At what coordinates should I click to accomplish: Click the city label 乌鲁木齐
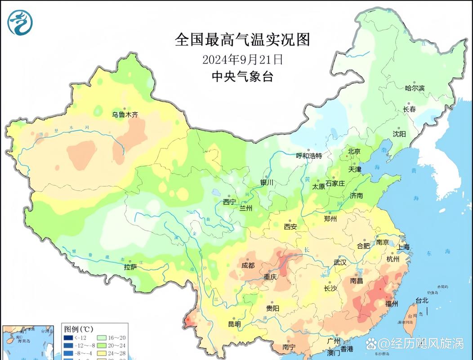point(125,115)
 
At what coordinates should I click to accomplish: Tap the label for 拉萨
point(130,267)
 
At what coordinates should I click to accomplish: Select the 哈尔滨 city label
point(414,88)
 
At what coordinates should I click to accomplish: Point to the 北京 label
point(355,152)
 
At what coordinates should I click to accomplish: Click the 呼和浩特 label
point(309,156)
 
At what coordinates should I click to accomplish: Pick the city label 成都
point(248,265)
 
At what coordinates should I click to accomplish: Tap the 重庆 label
point(270,277)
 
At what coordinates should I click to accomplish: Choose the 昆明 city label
point(234,324)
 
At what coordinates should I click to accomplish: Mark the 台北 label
point(422,300)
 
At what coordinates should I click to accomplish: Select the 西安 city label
point(290,226)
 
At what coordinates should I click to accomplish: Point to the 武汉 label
point(340,262)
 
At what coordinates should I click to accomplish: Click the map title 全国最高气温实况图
point(242,40)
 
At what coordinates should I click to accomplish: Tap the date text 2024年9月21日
point(242,59)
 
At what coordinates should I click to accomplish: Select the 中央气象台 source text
point(242,76)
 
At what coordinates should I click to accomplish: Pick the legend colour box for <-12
point(68,338)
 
